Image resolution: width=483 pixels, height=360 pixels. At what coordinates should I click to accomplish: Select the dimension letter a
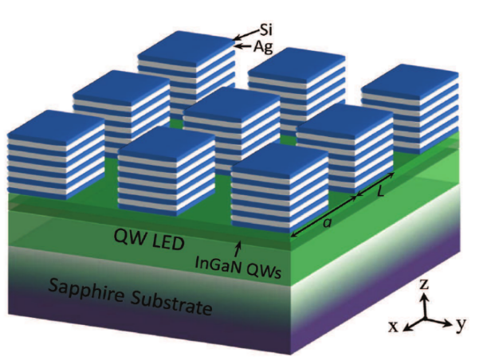pyautogui.click(x=327, y=225)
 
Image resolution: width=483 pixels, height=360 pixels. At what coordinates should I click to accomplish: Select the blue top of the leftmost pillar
pyautogui.click(x=54, y=124)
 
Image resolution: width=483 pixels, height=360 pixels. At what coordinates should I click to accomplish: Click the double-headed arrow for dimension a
pyautogui.click(x=323, y=215)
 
